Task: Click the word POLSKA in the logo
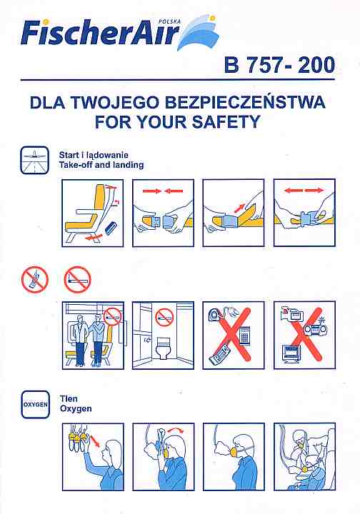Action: (x=169, y=22)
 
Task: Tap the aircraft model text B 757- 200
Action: (x=280, y=65)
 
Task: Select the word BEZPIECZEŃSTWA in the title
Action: (x=245, y=102)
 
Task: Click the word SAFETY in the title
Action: (x=226, y=122)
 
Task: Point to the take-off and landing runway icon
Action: (x=35, y=161)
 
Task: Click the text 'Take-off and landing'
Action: (x=101, y=165)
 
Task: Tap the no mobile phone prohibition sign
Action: (x=35, y=280)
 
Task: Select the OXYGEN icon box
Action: (x=36, y=405)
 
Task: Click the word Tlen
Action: (x=69, y=398)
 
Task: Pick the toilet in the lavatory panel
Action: (x=163, y=348)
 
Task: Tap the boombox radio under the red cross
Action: (x=316, y=329)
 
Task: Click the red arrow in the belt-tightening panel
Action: (x=240, y=208)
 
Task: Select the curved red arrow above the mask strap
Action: (x=176, y=430)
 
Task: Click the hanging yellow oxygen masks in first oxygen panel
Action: (x=79, y=436)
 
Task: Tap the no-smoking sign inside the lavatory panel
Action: (x=164, y=318)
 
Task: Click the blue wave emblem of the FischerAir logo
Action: (x=198, y=32)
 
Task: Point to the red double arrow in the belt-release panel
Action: (x=304, y=190)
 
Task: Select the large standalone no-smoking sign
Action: (x=77, y=280)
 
